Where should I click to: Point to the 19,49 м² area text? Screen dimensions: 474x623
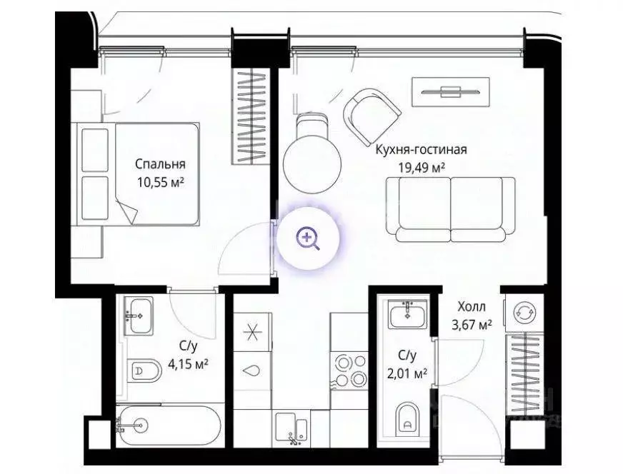click(422, 168)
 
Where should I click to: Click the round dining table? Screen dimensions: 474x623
click(309, 162)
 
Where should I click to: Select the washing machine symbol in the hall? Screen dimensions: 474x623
click(523, 312)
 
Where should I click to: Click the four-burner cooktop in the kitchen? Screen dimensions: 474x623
click(349, 370)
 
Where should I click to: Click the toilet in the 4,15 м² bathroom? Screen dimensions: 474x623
click(146, 370)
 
